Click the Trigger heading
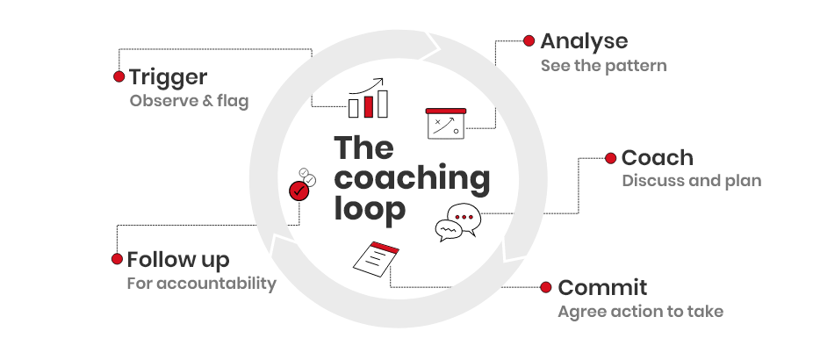(x=168, y=78)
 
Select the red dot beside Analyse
(x=529, y=40)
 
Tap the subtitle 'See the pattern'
(x=603, y=66)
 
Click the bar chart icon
(x=368, y=97)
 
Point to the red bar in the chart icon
(x=369, y=106)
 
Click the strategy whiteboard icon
(x=446, y=123)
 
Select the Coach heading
(x=657, y=158)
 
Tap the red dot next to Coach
(x=610, y=158)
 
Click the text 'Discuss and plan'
(x=692, y=181)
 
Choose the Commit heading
(x=602, y=287)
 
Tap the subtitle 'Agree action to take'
(x=640, y=311)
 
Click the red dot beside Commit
(x=545, y=287)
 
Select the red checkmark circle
(x=299, y=191)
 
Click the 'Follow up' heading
(x=178, y=259)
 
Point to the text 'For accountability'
(x=202, y=284)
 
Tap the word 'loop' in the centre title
(x=370, y=210)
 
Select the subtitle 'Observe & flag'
(x=190, y=101)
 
